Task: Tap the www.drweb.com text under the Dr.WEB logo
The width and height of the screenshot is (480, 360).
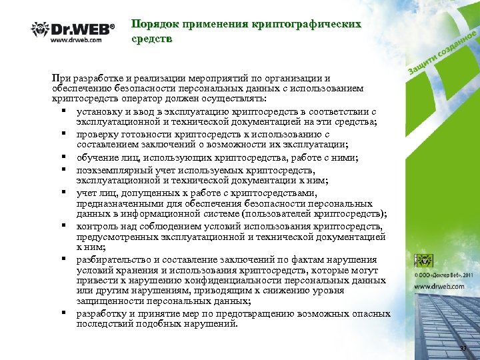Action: click(76, 39)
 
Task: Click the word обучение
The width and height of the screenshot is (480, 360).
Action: click(98, 157)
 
